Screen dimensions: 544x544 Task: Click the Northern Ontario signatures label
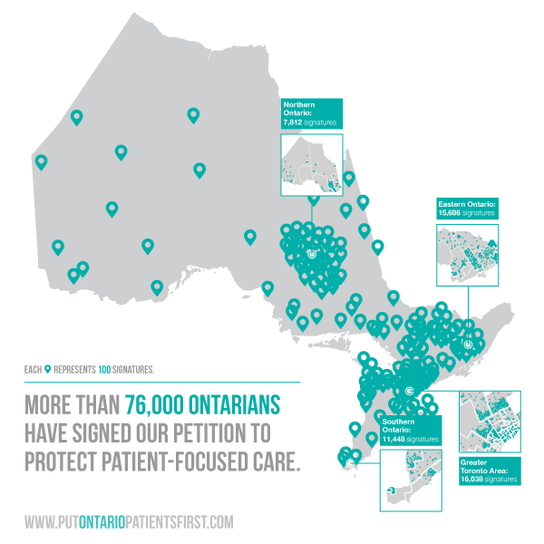click(312, 114)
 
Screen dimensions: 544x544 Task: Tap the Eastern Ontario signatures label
click(467, 208)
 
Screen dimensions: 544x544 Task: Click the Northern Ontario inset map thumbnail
click(313, 164)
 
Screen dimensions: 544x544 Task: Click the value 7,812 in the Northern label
click(292, 120)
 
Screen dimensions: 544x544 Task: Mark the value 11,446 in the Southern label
click(394, 437)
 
